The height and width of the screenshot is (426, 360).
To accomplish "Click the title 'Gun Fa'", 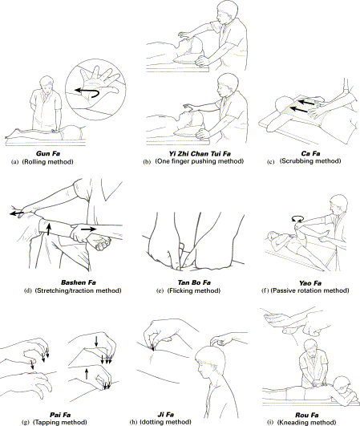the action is pyautogui.click(x=48, y=153).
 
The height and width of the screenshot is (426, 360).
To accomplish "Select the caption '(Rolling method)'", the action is pyautogui.click(x=48, y=162).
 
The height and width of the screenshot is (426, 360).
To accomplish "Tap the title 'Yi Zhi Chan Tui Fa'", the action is pyautogui.click(x=200, y=154).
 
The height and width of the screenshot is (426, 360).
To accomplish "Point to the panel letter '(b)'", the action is pyautogui.click(x=147, y=162).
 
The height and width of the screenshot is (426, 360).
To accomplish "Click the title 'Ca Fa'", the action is pyautogui.click(x=310, y=154).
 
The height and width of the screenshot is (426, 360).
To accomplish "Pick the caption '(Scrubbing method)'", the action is pyautogui.click(x=310, y=161).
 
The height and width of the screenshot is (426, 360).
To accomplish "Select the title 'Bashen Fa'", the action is pyautogui.click(x=79, y=282).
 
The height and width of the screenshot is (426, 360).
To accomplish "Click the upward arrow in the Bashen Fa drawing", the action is pyautogui.click(x=49, y=229).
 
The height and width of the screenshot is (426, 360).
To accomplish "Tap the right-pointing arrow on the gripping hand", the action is pyautogui.click(x=88, y=229).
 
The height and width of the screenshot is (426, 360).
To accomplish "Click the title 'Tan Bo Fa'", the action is pyautogui.click(x=194, y=283).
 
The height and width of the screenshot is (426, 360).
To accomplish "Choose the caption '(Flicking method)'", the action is pyautogui.click(x=194, y=290).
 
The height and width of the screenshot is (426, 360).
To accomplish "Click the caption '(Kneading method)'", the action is pyautogui.click(x=306, y=423).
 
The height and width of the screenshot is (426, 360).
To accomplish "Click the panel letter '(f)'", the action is pyautogui.click(x=265, y=290).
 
